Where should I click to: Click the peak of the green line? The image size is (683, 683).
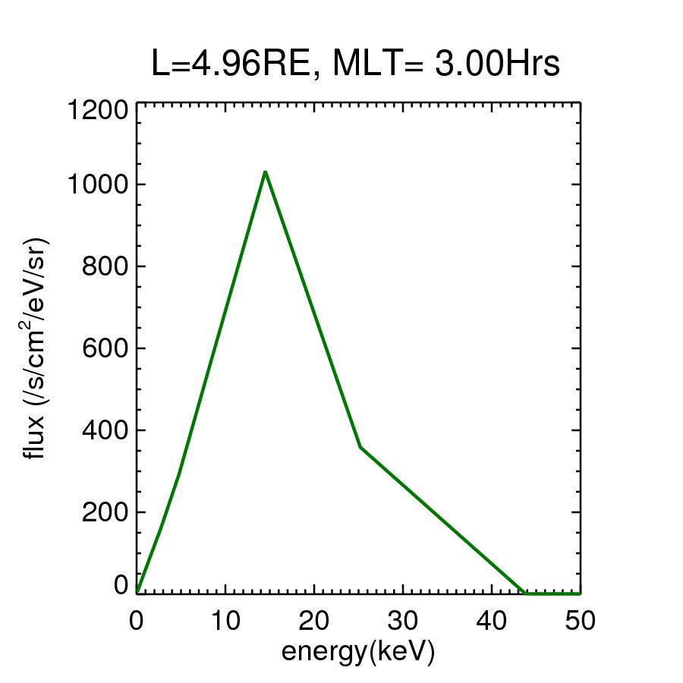265,172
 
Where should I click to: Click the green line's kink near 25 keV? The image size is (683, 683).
360,448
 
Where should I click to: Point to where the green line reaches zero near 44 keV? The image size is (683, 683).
525,593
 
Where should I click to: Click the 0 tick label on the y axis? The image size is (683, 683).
121,585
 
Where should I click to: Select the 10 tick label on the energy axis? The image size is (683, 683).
225,620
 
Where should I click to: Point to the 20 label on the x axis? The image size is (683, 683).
314,620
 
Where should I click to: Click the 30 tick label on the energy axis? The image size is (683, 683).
403,620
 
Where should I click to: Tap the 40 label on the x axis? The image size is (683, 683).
492,620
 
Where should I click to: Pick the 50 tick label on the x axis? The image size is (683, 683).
580,620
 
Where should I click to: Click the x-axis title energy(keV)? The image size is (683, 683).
358,652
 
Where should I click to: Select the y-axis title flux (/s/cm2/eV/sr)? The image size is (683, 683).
36,348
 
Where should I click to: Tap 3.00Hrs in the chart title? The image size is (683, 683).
496,65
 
